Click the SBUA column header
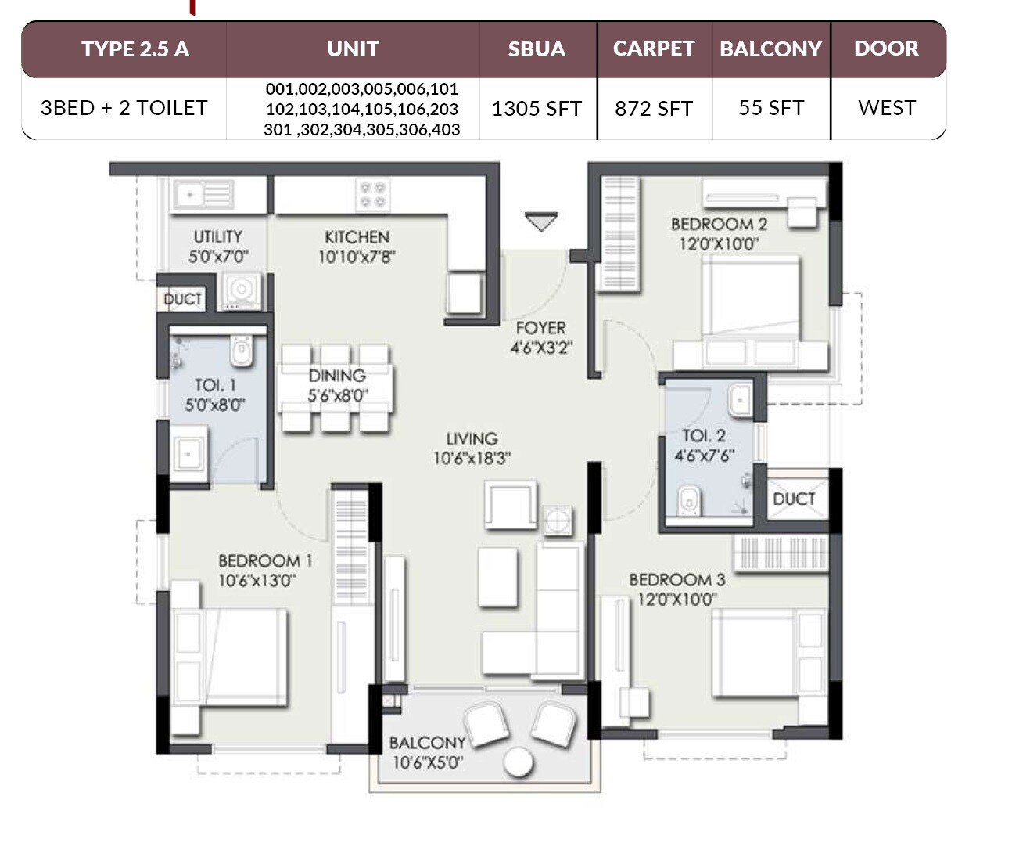[x=537, y=49]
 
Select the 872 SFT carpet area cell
[x=654, y=109]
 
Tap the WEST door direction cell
[x=886, y=108]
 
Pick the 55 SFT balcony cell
[x=770, y=108]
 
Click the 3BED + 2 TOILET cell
[x=124, y=108]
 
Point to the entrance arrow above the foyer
[x=541, y=222]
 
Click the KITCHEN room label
[x=357, y=237]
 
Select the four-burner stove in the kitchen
[x=372, y=195]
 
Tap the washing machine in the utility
[x=241, y=290]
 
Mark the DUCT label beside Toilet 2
[x=794, y=499]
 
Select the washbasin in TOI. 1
[x=188, y=453]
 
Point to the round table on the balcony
[x=519, y=762]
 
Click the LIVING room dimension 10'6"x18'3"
[x=472, y=459]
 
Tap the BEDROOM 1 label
[x=265, y=560]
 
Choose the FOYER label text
[x=540, y=328]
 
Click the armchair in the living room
[x=511, y=505]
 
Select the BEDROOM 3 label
[x=676, y=580]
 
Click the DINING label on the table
[x=337, y=376]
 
